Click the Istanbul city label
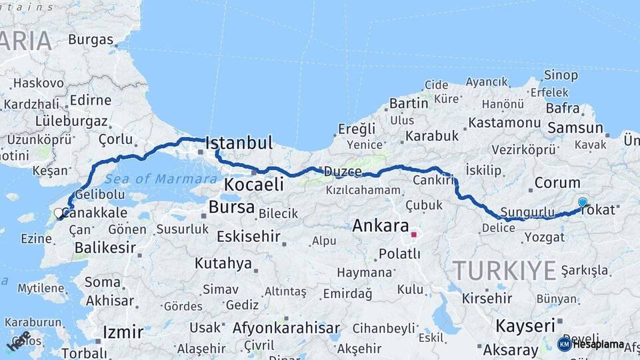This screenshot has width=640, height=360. (x=239, y=143)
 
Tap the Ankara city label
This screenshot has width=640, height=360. (x=380, y=225)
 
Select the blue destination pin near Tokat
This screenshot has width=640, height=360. (x=583, y=203)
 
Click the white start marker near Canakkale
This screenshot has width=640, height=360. (x=58, y=214)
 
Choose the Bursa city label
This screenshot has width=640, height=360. (x=231, y=207)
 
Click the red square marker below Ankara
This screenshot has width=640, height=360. (x=413, y=235)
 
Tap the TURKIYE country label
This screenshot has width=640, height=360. (x=504, y=270)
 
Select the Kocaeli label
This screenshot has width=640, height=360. (x=254, y=184)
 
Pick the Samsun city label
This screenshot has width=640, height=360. (x=574, y=127)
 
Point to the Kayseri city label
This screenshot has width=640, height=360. (x=525, y=326)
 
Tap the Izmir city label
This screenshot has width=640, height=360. (x=123, y=332)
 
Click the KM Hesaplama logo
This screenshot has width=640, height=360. (x=591, y=344)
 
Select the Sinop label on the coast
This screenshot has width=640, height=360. (x=561, y=75)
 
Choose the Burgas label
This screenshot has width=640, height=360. (x=91, y=39)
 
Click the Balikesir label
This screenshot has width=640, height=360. (x=105, y=247)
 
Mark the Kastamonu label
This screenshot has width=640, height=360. (x=504, y=123)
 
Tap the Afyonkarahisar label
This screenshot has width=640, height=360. (x=286, y=328)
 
